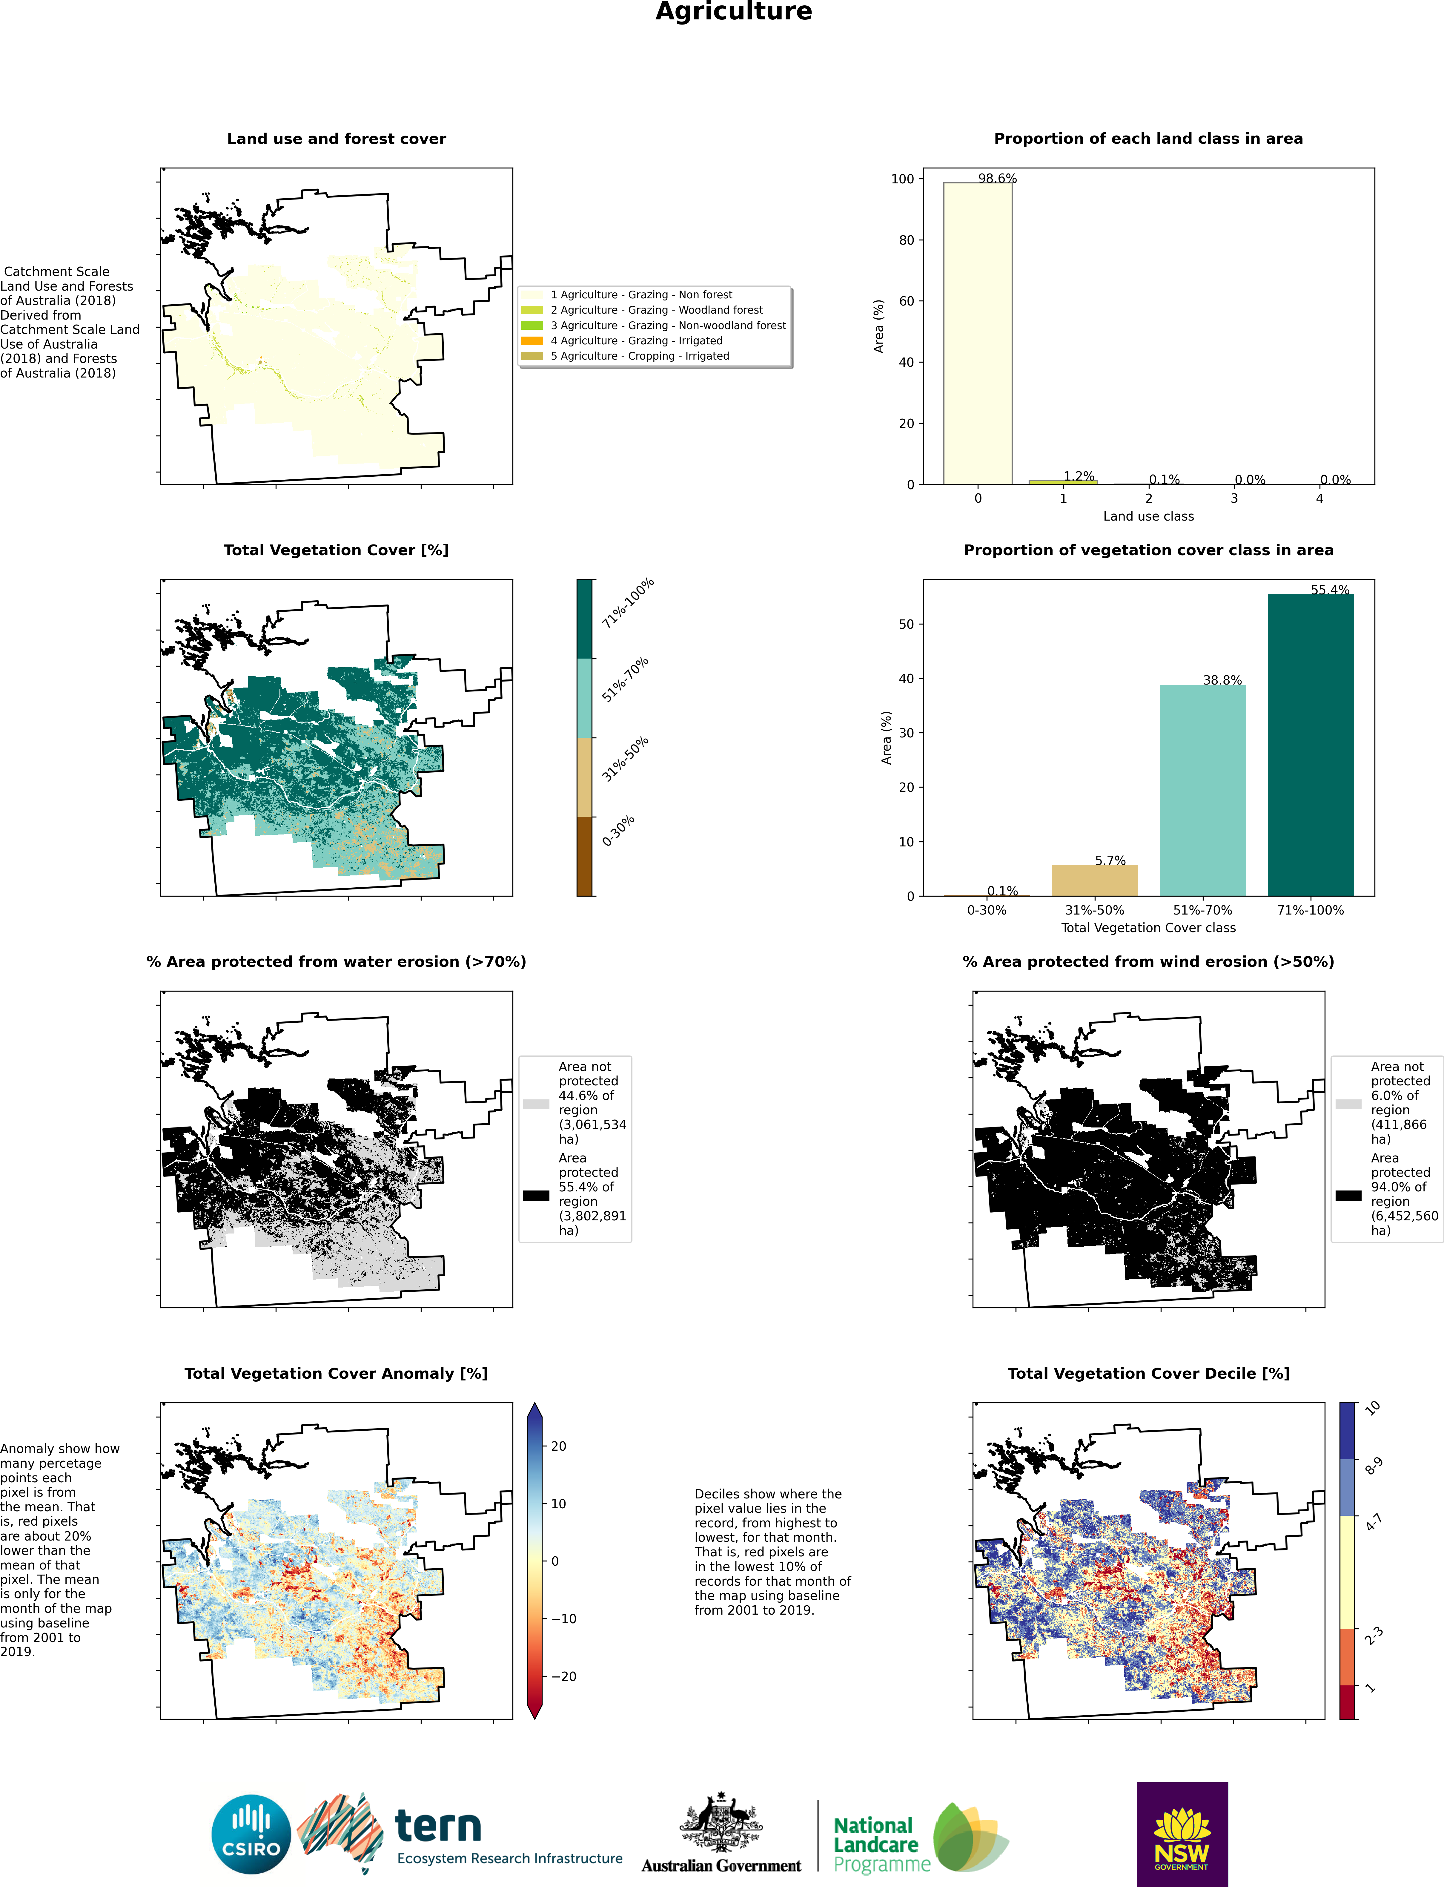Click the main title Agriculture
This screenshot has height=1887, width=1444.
point(733,12)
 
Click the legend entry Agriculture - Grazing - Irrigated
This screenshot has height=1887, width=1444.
point(636,340)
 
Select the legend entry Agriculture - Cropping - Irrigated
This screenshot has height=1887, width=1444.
point(640,356)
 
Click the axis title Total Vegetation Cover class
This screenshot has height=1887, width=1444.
point(1148,928)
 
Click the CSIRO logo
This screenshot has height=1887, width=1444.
point(251,1834)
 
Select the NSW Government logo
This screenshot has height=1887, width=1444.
point(1182,1834)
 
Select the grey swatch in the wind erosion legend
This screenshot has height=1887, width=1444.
point(1348,1104)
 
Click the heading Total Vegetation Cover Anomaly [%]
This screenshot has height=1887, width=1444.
point(336,1373)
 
